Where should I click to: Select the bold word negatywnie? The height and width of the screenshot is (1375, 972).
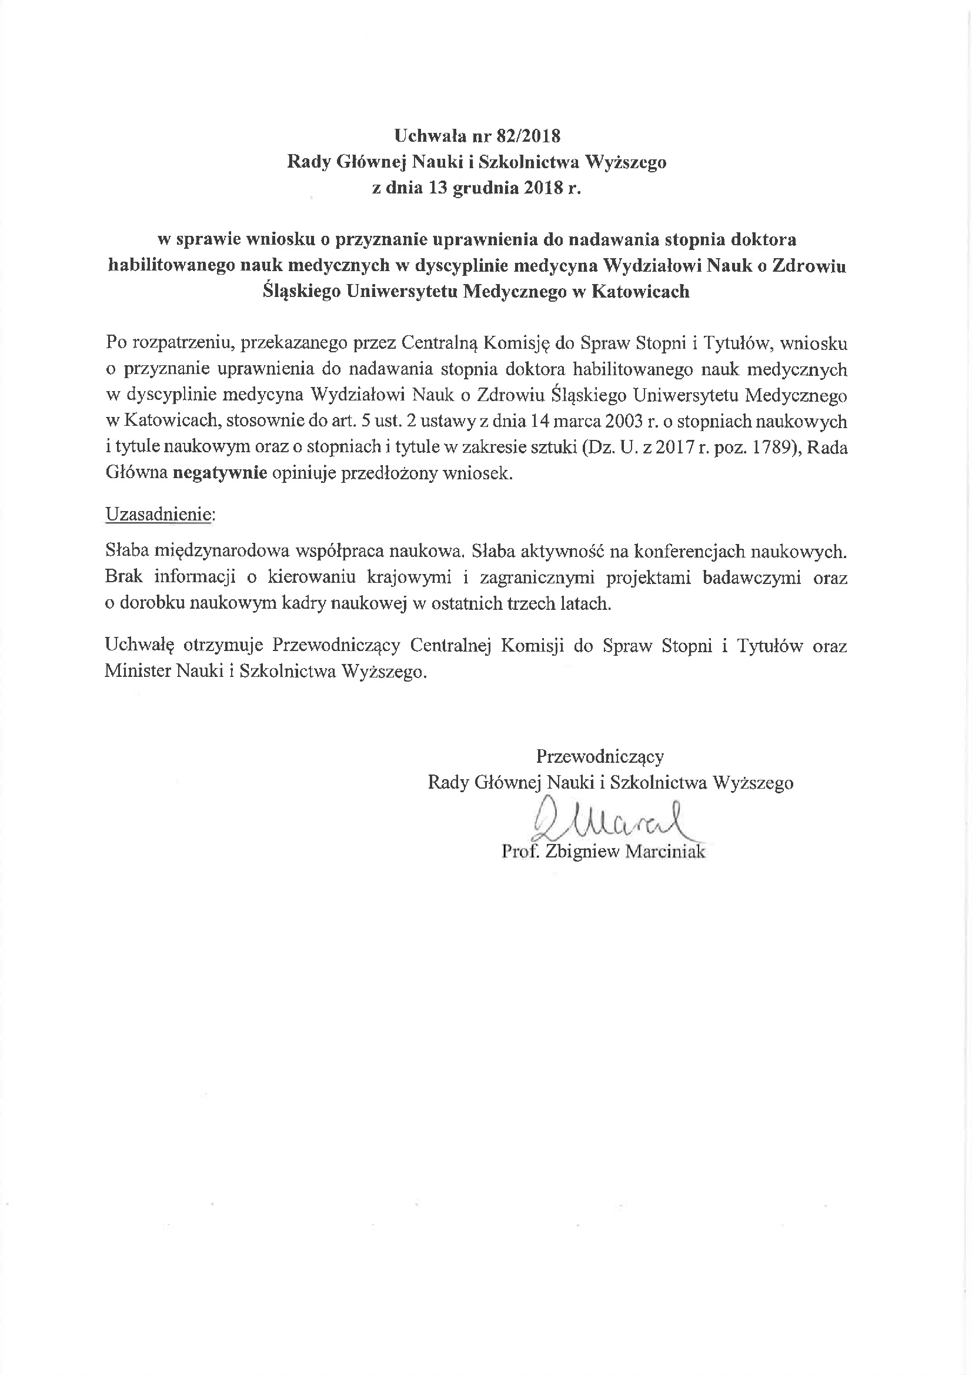(220, 473)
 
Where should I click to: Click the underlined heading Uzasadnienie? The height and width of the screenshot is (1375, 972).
(159, 515)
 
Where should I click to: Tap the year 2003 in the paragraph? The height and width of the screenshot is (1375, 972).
(626, 422)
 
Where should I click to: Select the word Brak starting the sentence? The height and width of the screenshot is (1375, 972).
(123, 577)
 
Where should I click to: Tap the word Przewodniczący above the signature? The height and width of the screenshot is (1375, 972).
(600, 756)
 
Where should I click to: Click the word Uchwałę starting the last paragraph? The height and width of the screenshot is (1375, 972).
(139, 646)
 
